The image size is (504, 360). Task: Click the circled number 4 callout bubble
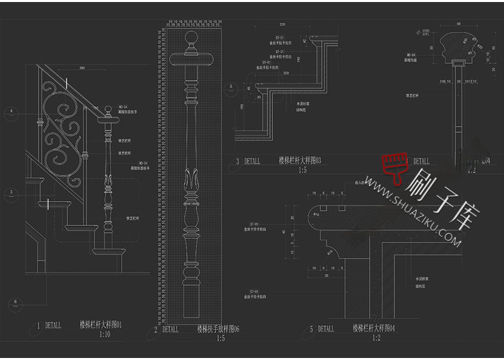[11, 114]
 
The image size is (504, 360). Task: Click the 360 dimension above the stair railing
[82, 68]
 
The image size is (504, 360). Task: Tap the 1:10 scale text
[104, 334]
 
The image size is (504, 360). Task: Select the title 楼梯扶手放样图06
[218, 329]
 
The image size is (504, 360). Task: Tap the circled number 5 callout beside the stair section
[230, 87]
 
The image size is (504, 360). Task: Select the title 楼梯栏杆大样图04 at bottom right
[374, 328]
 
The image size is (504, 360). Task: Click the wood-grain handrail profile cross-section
[459, 46]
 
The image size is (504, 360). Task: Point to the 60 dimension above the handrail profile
[459, 24]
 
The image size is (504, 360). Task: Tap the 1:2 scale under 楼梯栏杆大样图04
[377, 337]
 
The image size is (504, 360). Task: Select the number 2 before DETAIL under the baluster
[156, 330]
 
